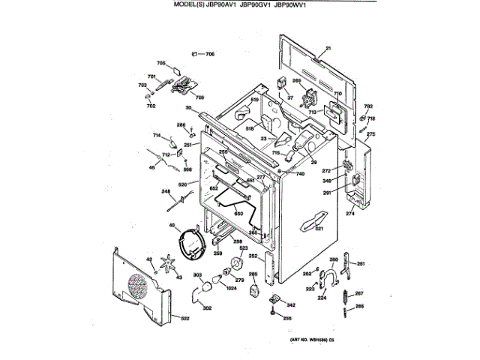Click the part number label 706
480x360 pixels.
[210, 54]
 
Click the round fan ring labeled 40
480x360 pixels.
[190, 243]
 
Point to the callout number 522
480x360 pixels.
[184, 319]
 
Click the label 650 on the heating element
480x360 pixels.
[238, 214]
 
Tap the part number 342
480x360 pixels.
[291, 305]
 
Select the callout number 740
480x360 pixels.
[300, 174]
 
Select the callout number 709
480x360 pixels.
[199, 97]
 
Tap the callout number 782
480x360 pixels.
[368, 107]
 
